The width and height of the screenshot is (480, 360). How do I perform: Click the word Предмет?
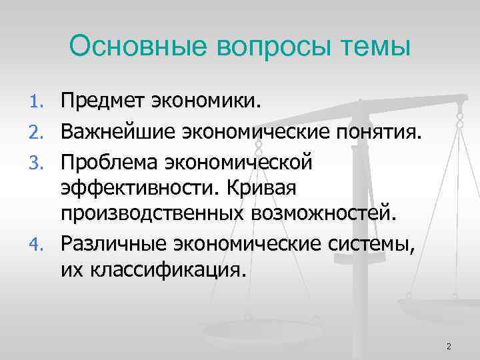(x=104, y=102)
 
